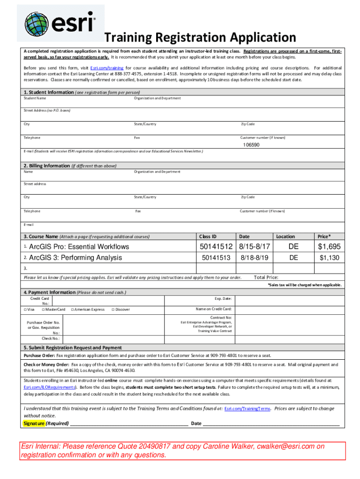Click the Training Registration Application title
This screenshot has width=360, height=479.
[x=200, y=37]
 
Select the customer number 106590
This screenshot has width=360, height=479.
[x=251, y=145]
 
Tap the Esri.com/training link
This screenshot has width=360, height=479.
[x=110, y=68]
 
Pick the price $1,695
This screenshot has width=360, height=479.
[x=329, y=247]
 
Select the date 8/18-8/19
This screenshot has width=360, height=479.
[x=254, y=258]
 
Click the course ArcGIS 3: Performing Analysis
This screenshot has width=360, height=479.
[x=75, y=258]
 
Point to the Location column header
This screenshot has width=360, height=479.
[x=285, y=237]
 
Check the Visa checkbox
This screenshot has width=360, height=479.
[x=25, y=309]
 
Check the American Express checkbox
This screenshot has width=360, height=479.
[x=73, y=309]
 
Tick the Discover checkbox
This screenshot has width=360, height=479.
[x=113, y=309]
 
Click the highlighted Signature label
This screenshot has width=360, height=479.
[x=34, y=423]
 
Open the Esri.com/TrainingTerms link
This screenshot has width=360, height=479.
[x=247, y=409]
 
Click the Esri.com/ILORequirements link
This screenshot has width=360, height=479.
[x=50, y=387]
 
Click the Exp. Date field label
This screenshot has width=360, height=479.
[x=223, y=298]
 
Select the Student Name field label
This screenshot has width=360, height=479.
[x=35, y=98]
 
